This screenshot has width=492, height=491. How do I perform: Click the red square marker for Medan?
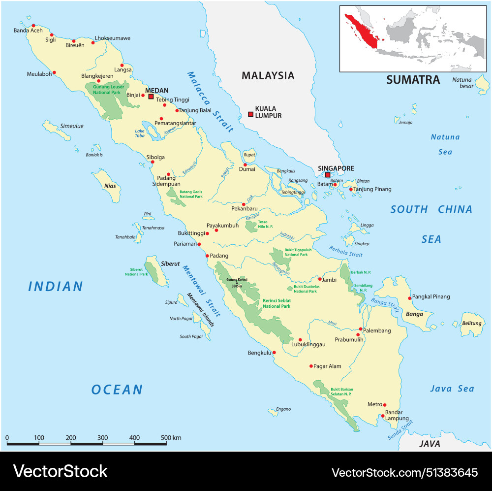coord(151,97)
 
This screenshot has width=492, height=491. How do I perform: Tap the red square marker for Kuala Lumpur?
coord(250,114)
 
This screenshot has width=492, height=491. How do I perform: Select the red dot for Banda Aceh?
coord(33,26)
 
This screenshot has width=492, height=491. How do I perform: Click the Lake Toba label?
coord(140,133)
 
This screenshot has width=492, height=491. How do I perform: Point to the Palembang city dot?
coord(361,329)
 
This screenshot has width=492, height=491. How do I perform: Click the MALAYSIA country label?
coord(268,75)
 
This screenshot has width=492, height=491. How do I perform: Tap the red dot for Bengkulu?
coord(274,353)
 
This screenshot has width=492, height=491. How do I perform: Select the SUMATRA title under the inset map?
coord(413,80)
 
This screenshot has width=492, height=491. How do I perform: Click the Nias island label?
coord(110,186)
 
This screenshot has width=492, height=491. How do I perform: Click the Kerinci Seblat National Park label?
coord(276,303)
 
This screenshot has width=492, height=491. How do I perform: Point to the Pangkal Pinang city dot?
coord(409,298)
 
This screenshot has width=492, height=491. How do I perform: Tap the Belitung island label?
coord(471,324)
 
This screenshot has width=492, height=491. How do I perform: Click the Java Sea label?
coord(452,389)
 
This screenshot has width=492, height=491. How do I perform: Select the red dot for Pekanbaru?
coord(244,204)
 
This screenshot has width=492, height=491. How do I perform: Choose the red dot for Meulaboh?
coord(54,72)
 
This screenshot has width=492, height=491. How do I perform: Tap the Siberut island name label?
coord(170,263)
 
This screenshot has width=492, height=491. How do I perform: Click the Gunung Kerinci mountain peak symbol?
coord(236,283)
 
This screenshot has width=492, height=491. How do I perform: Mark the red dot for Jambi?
coord(320,279)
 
